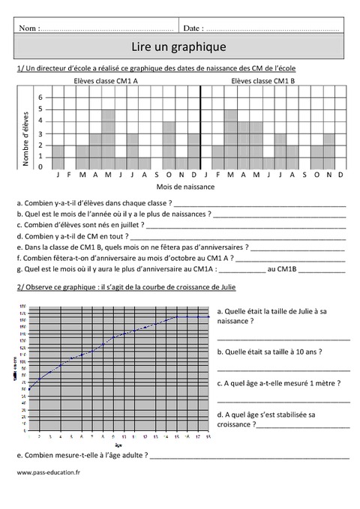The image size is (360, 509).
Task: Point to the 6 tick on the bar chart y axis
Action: coord(41,97)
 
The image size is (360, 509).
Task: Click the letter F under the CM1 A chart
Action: coord(70,175)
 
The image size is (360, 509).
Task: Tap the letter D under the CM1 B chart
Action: coord(340,175)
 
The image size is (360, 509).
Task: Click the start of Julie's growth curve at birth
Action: coord(29,389)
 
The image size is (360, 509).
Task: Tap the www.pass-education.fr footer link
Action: coord(47,472)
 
